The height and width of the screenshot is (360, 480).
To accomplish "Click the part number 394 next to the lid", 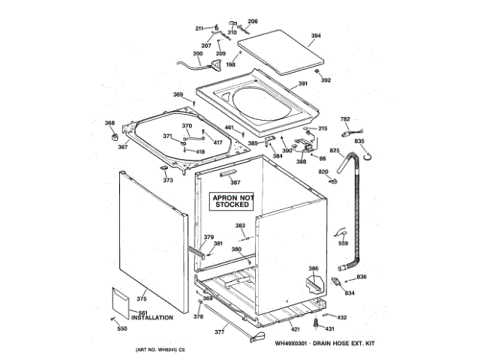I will click(316, 35).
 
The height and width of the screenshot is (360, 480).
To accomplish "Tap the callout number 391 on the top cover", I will click(303, 83).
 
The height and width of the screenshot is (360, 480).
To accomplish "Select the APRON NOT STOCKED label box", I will click(232, 200).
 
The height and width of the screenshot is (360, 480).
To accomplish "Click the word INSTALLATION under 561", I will click(152, 318).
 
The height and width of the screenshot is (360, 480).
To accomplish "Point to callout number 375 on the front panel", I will click(141, 299).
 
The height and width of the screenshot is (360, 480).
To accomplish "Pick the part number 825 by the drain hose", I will click(334, 151).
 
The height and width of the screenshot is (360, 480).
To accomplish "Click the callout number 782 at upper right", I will click(346, 119).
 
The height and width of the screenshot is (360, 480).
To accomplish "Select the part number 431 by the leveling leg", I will click(329, 328).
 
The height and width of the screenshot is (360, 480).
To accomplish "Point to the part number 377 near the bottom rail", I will click(220, 331).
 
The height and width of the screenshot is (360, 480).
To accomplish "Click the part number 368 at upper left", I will click(109, 123).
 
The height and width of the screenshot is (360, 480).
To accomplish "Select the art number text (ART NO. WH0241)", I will click(160, 351).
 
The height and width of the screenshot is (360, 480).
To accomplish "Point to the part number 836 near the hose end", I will click(361, 277).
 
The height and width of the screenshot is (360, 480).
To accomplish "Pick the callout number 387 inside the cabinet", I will click(235, 182).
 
